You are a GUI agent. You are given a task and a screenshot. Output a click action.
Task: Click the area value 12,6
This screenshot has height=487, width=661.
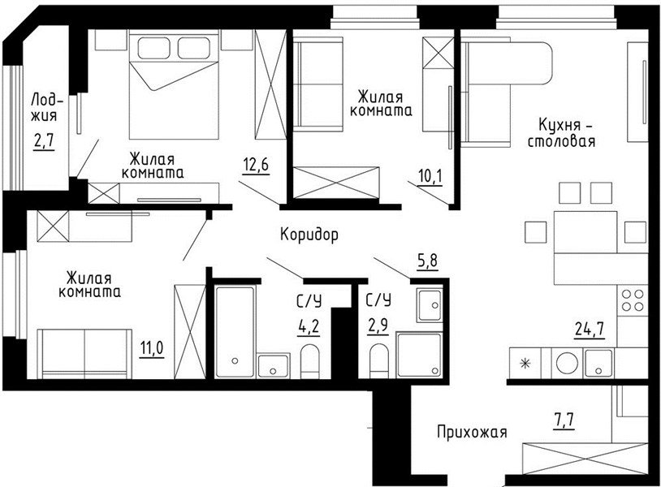[x=256, y=165]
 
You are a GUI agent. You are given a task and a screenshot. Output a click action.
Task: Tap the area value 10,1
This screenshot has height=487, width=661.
[x=430, y=176]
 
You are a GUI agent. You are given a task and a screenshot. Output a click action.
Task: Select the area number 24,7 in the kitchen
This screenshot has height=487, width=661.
[x=590, y=329]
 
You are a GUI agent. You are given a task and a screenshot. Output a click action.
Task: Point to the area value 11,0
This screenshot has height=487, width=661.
[x=152, y=349]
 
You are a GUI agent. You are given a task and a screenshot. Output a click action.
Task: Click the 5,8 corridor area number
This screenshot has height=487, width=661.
[x=427, y=261]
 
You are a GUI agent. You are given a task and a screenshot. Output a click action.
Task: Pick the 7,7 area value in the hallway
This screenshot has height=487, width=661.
[x=564, y=420]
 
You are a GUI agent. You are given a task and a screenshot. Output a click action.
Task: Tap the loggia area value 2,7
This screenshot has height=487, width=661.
[x=45, y=140]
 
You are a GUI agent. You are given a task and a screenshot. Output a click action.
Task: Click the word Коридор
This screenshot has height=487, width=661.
[x=309, y=235]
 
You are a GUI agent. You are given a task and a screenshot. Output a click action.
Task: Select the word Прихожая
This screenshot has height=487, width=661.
[x=472, y=432]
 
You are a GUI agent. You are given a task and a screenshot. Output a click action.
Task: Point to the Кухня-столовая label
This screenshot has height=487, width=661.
[x=562, y=132]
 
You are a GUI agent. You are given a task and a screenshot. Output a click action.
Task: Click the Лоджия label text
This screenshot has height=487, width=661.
[x=46, y=108]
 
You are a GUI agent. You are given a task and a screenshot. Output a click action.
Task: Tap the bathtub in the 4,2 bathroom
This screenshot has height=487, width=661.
[x=235, y=331]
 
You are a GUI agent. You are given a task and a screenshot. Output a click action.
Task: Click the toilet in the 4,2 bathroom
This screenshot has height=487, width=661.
[x=310, y=361]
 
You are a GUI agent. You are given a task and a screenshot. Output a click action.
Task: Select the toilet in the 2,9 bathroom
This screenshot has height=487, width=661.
[x=378, y=361]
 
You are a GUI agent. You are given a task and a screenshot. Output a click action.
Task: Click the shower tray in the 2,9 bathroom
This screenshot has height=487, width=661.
[x=419, y=354]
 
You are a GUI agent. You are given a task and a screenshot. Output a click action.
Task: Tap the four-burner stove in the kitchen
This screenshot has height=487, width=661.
[x=633, y=300]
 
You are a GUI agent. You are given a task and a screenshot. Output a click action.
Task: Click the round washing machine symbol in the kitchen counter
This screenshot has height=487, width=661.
[x=567, y=363]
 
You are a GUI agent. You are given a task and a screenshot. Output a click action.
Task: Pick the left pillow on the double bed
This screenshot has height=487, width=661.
[x=154, y=48]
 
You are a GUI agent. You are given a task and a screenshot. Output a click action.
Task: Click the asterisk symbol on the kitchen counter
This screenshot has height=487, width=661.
[x=525, y=363]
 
